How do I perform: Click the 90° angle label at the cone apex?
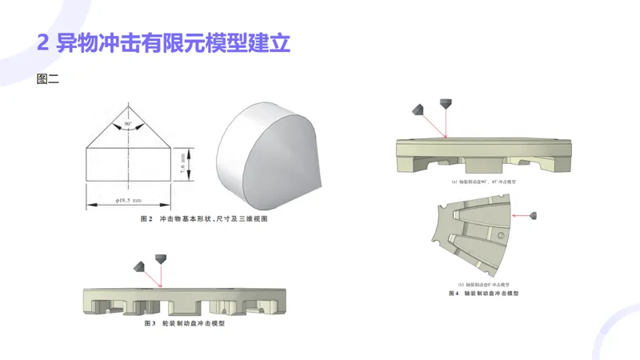(x=127, y=125)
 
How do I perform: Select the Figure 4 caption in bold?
(x=483, y=294)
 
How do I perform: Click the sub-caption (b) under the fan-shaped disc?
(x=483, y=284)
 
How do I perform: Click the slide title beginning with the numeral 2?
(x=163, y=42)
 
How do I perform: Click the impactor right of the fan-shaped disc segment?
(x=534, y=214)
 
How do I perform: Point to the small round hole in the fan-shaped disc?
(x=499, y=238)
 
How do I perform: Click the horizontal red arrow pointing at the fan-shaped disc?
(x=520, y=214)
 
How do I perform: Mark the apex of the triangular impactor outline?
(x=127, y=102)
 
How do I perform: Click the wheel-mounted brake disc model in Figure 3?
(x=183, y=302)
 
